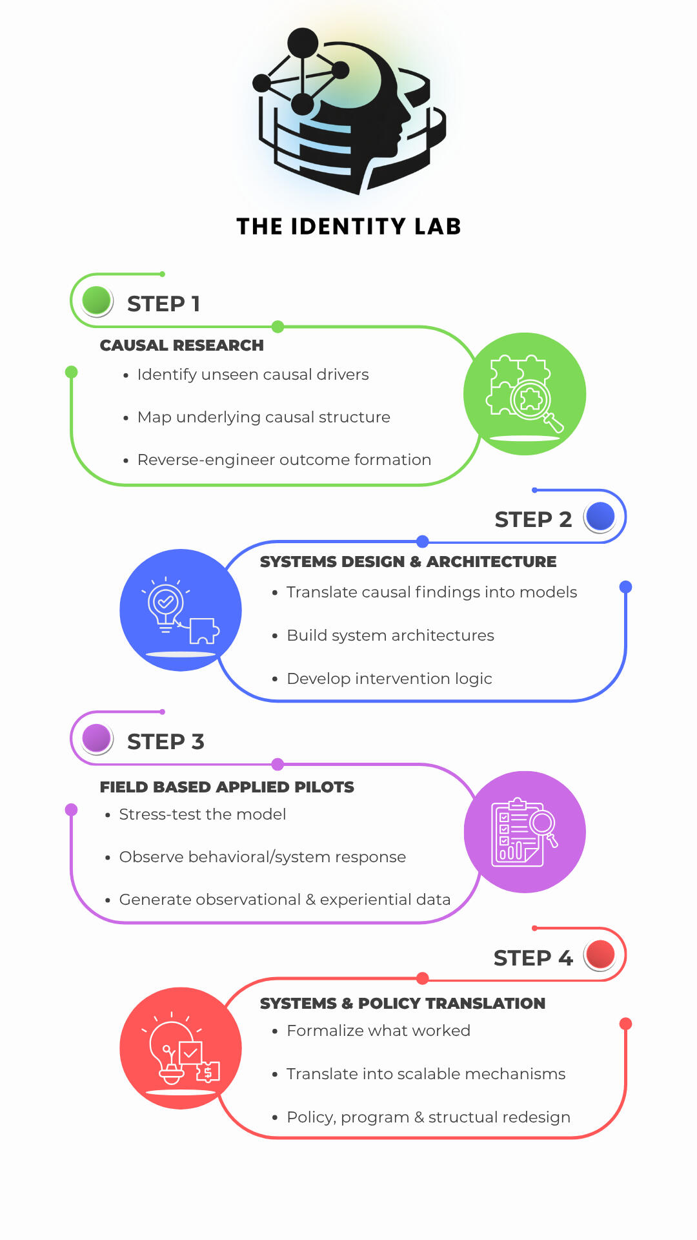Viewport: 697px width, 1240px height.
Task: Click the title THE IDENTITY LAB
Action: click(x=348, y=227)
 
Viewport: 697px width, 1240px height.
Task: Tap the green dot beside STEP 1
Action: click(x=97, y=301)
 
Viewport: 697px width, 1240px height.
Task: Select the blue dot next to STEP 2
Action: click(x=601, y=517)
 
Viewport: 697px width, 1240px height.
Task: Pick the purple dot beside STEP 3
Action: click(x=97, y=739)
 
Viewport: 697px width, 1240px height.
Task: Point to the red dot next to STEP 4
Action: click(x=601, y=955)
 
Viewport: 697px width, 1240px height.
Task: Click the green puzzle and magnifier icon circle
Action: click(x=525, y=394)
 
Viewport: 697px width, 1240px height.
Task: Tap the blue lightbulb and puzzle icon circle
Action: click(x=181, y=610)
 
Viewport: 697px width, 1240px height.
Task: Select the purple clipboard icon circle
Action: click(x=525, y=832)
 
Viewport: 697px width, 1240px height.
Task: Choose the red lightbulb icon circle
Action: click(x=181, y=1048)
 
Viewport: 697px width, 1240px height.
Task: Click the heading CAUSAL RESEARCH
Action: click(x=182, y=346)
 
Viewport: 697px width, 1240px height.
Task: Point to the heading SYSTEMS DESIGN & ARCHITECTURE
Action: click(x=408, y=562)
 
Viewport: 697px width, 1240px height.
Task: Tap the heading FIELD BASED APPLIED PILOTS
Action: click(x=227, y=787)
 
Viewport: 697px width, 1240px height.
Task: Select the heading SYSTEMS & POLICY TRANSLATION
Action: click(x=403, y=1004)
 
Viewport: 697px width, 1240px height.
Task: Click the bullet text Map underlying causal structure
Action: click(x=264, y=417)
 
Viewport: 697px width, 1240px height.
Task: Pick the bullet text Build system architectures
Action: click(x=390, y=635)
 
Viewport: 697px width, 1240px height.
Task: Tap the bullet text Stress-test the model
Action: click(x=203, y=814)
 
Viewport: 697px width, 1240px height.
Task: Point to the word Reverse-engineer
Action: click(x=207, y=460)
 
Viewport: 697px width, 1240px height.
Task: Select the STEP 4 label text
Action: click(x=533, y=958)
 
